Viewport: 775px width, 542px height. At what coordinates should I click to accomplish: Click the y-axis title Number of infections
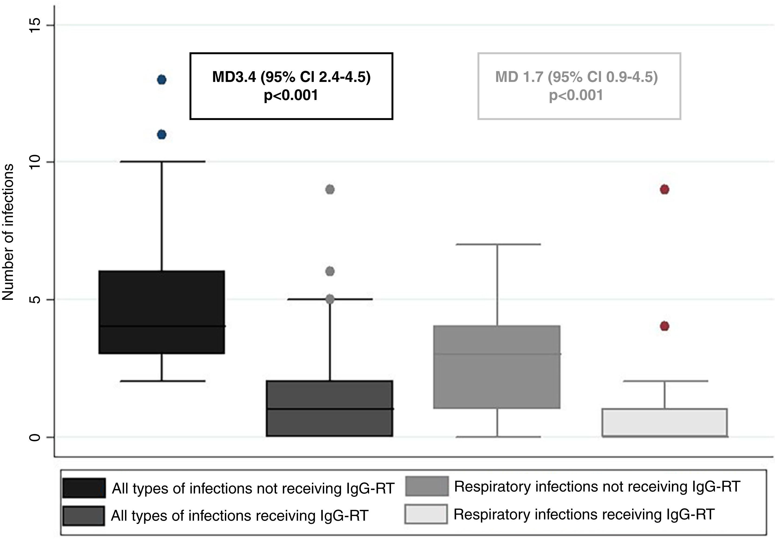click(x=8, y=232)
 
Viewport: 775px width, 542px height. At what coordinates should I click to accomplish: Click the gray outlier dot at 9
click(x=330, y=189)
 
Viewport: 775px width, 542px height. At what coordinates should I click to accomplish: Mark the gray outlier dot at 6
click(x=330, y=271)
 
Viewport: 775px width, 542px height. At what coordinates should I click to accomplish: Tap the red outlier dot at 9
click(x=665, y=189)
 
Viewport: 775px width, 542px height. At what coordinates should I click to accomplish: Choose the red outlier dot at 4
click(x=665, y=326)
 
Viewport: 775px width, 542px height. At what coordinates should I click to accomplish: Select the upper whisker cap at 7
click(x=498, y=244)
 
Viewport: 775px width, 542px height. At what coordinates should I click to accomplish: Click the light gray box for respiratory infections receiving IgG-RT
click(x=665, y=422)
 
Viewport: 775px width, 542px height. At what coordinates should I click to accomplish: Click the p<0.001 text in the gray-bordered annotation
click(x=576, y=95)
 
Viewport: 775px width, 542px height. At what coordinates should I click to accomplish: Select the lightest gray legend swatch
click(x=426, y=514)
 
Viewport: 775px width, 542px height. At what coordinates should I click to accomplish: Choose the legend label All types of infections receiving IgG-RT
click(x=240, y=516)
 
